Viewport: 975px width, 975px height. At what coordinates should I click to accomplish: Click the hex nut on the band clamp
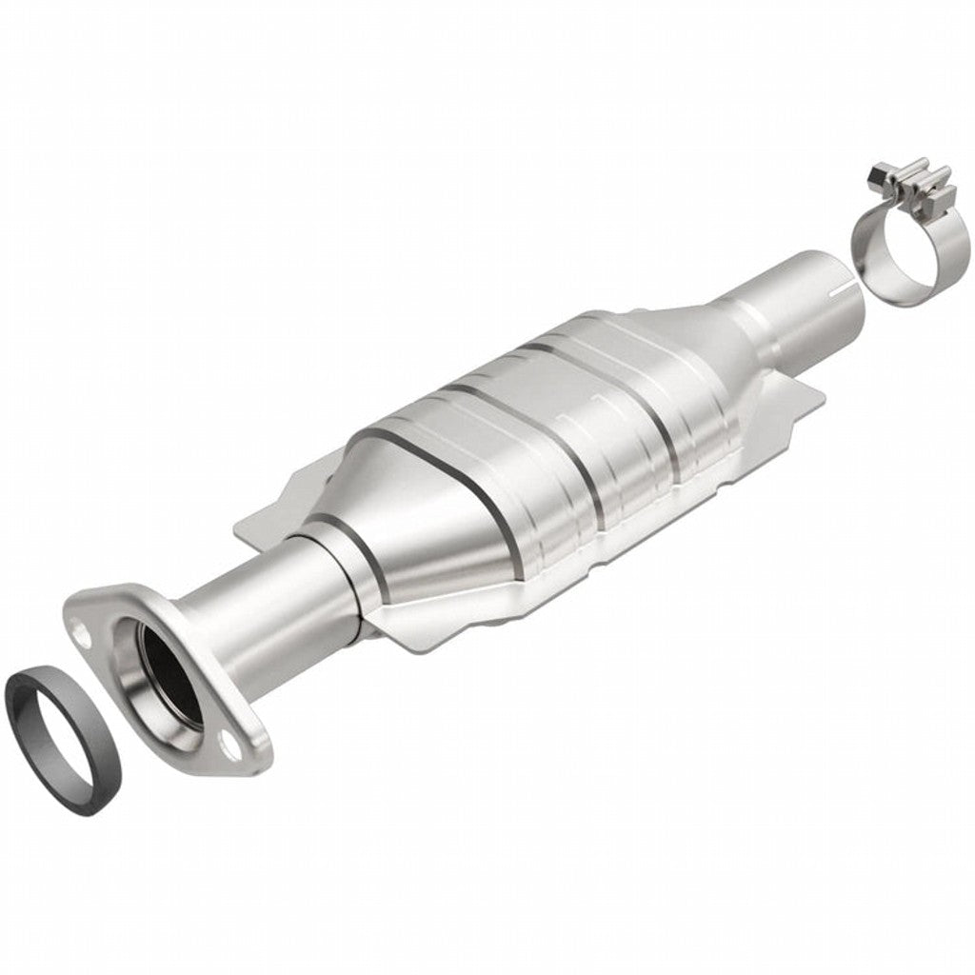tap(879, 175)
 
